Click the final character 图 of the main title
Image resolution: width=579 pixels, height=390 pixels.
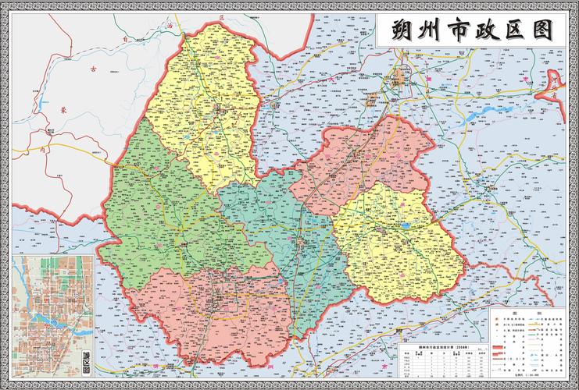[547, 32]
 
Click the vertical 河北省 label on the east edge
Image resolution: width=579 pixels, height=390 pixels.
[554, 86]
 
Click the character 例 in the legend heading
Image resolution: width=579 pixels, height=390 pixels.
[538, 310]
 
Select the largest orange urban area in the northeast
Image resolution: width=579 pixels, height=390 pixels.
[402, 76]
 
